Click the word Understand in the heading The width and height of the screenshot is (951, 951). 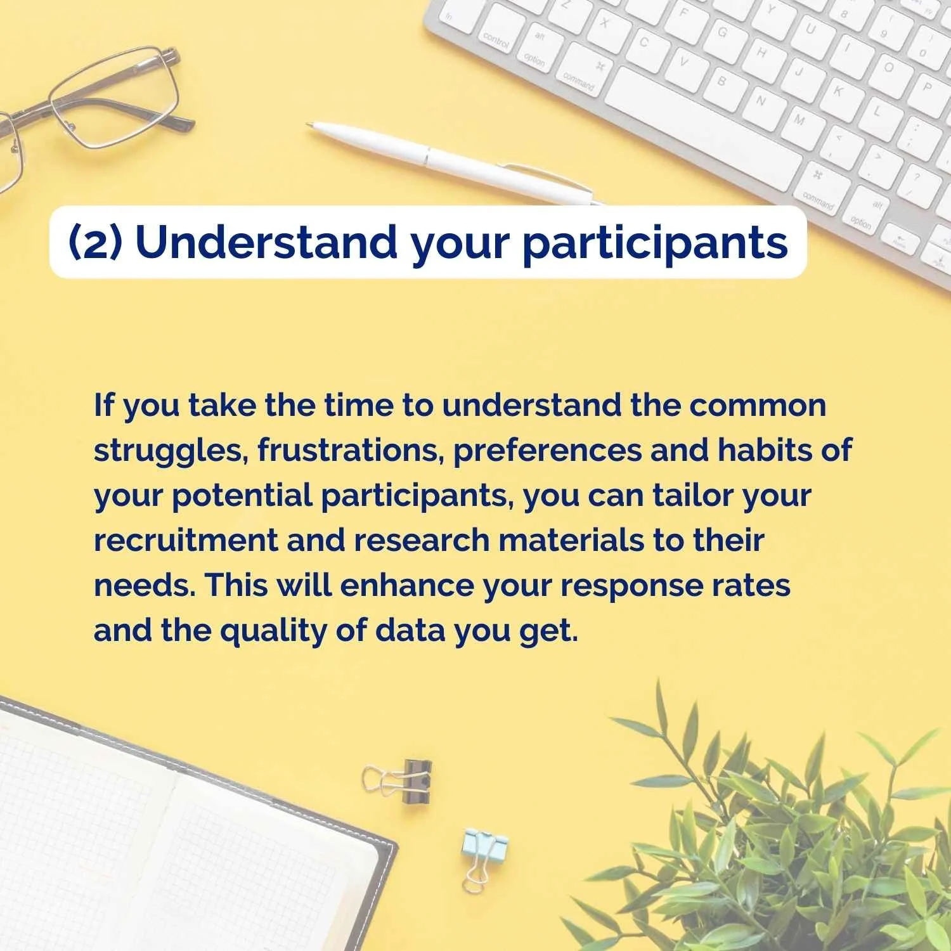tap(266, 242)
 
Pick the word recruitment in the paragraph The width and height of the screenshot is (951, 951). tap(186, 541)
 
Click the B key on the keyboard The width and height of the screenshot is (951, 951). tap(721, 81)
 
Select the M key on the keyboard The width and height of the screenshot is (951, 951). tap(799, 119)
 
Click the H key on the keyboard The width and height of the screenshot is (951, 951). tap(761, 53)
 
